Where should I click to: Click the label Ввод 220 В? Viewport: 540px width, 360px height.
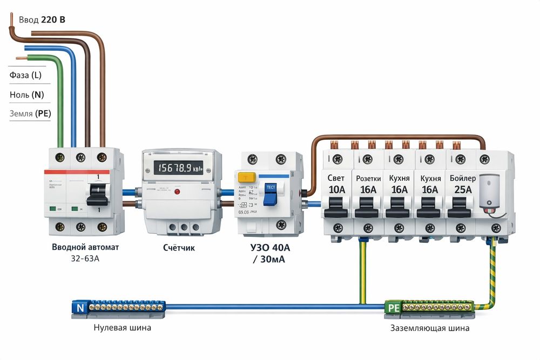(42, 20)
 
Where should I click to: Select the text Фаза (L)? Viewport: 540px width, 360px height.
(25, 75)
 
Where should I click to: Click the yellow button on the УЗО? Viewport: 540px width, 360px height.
(247, 178)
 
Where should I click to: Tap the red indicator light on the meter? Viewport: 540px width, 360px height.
(177, 192)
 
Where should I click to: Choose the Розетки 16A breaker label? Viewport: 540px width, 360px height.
(368, 184)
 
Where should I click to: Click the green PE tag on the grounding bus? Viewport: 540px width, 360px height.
(393, 308)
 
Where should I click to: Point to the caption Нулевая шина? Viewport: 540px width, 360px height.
(122, 328)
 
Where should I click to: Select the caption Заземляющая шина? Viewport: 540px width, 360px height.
(430, 328)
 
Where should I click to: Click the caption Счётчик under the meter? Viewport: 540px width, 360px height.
(179, 248)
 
